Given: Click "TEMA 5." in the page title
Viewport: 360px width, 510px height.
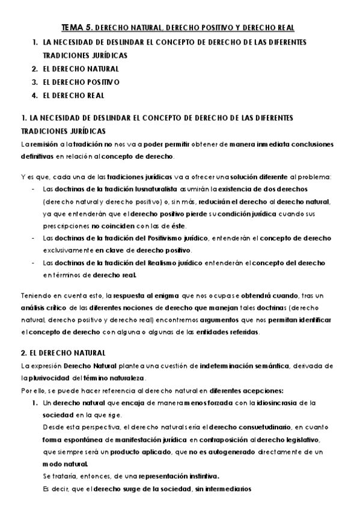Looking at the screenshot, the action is tap(77, 28).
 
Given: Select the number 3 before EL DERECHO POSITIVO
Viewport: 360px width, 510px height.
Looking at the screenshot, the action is tap(35, 82).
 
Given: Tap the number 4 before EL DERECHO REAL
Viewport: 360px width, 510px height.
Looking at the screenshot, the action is tap(35, 95).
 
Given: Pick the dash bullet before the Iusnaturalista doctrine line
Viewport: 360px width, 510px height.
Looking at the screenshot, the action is tap(33, 188).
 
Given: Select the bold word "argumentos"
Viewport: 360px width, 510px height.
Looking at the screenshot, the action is tap(233, 321).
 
